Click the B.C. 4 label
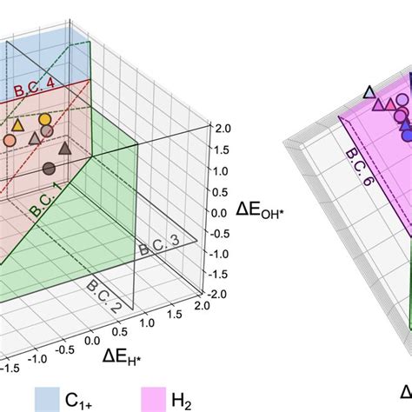[36, 90]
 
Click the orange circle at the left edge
[9, 139]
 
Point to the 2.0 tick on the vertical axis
[222, 129]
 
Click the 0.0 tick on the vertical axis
[221, 211]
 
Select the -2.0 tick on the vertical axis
[218, 295]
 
